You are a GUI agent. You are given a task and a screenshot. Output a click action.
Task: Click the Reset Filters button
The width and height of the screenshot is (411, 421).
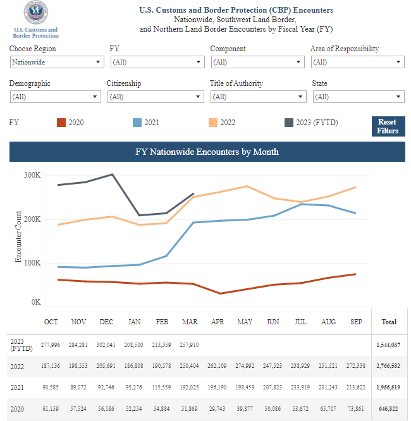point(388,126)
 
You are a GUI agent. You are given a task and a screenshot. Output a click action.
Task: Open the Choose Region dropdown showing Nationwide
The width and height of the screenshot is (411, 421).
point(57,62)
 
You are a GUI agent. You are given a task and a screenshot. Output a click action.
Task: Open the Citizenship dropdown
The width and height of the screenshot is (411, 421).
point(156,97)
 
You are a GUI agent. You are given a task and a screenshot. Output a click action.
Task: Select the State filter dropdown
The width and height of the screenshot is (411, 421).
point(359,97)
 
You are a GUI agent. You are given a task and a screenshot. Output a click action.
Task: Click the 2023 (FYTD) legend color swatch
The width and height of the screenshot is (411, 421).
point(289,123)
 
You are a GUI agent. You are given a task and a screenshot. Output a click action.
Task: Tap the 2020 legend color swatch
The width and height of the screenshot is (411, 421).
point(61,123)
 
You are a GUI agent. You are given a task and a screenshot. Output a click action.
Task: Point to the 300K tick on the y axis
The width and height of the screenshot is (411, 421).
point(32,175)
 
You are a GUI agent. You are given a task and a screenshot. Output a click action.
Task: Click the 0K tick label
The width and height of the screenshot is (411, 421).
point(36,302)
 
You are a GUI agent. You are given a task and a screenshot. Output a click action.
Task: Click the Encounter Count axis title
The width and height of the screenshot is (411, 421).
point(18,236)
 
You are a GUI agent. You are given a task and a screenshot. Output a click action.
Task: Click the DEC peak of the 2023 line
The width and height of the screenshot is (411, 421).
point(113,174)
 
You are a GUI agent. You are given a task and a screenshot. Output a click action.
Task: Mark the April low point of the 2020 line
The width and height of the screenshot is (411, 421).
point(220,293)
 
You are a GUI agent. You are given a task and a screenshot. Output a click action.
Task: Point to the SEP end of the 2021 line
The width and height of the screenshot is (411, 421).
point(355,213)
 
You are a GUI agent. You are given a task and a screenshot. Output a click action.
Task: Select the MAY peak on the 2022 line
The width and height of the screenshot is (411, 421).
point(247,186)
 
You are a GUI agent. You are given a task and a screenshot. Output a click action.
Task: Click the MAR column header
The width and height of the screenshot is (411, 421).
point(190,322)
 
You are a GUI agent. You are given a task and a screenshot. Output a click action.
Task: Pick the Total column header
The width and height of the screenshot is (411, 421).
point(389,322)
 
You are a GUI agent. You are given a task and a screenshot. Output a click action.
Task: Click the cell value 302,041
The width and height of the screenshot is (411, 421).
point(106,345)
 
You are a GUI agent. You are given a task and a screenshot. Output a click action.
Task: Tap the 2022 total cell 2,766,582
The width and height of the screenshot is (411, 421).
point(388,366)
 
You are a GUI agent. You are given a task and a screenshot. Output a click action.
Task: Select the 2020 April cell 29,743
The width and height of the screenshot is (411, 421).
point(217,408)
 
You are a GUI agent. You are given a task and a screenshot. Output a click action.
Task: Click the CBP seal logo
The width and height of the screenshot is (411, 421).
point(36,12)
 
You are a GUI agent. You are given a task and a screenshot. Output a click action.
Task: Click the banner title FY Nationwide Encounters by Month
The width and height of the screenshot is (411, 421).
point(207,152)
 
